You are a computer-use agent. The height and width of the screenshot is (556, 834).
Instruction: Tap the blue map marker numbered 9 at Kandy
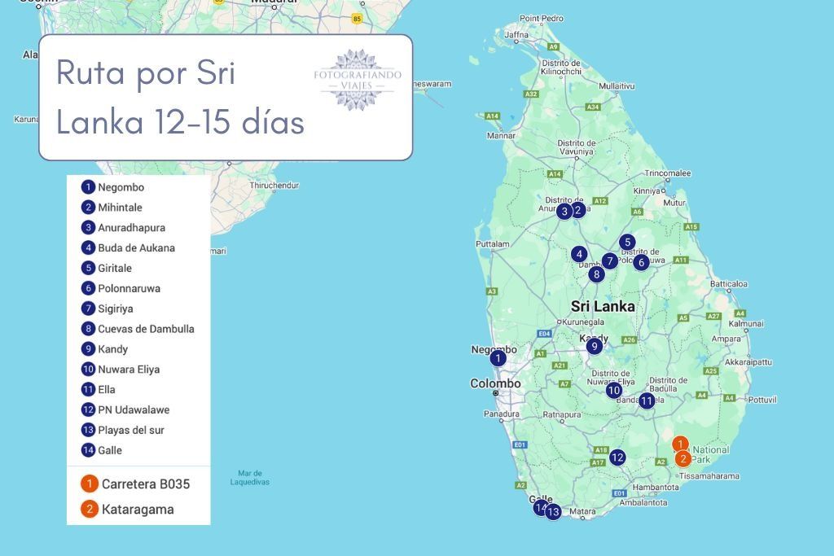click(x=595, y=346)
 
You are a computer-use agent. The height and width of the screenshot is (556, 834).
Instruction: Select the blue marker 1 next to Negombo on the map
click(x=498, y=358)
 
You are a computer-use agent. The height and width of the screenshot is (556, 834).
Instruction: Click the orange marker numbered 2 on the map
click(x=683, y=458)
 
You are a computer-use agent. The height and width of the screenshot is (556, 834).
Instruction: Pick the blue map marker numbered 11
click(x=647, y=401)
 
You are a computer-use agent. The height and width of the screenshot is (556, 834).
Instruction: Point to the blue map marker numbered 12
click(x=617, y=457)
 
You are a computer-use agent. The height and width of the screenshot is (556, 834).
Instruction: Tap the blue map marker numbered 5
click(x=626, y=242)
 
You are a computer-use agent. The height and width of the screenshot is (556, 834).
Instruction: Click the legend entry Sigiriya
click(x=115, y=309)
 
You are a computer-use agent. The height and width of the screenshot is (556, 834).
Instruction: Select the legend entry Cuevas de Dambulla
click(x=145, y=329)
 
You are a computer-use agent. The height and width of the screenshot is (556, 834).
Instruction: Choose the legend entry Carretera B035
click(x=145, y=484)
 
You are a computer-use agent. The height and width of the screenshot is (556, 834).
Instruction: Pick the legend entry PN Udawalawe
click(x=133, y=409)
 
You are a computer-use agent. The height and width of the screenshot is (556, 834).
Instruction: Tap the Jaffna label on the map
click(x=516, y=35)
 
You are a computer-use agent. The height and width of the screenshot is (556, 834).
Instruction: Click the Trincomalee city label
click(x=667, y=173)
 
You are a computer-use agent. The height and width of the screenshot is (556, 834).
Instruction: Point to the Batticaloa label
click(x=729, y=283)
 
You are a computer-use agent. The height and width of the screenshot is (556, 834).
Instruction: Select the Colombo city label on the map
click(x=495, y=383)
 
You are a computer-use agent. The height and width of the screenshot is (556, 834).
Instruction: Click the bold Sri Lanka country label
click(x=603, y=307)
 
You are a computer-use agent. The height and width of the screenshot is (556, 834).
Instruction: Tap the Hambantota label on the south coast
click(x=655, y=487)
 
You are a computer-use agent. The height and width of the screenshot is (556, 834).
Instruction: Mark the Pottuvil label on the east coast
click(x=762, y=400)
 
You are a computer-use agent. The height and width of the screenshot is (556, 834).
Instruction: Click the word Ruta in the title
click(x=89, y=74)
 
